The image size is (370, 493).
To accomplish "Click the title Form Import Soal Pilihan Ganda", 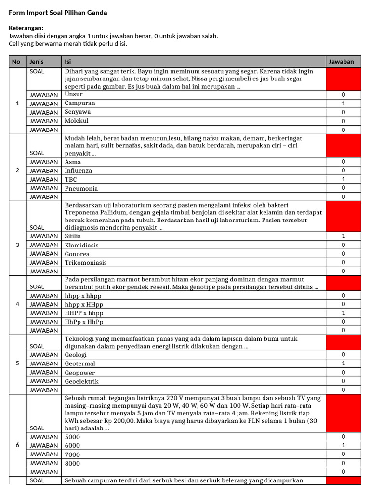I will (58, 13).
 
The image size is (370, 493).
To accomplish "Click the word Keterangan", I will (26, 28).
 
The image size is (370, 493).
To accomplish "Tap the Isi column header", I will (68, 62).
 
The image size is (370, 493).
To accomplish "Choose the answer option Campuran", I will (80, 103).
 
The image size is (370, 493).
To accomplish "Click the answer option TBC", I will (71, 180).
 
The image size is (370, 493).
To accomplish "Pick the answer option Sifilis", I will (73, 236).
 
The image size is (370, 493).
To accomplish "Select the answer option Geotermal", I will (80, 363).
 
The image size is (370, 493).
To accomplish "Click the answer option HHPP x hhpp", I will (84, 313).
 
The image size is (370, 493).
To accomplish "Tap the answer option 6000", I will (73, 446).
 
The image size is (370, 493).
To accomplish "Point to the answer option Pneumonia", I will (81, 188).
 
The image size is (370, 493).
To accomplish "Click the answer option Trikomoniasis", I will (86, 263).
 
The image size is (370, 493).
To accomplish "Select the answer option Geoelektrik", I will (82, 381).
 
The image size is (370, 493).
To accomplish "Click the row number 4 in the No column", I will (18, 304).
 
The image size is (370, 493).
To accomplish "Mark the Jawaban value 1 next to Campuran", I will (343, 104).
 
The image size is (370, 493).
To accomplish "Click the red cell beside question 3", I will (343, 217).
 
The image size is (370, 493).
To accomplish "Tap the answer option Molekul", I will (77, 121).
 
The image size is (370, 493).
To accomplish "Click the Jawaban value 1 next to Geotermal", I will (343, 363).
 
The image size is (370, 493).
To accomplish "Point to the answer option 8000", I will (73, 463).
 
